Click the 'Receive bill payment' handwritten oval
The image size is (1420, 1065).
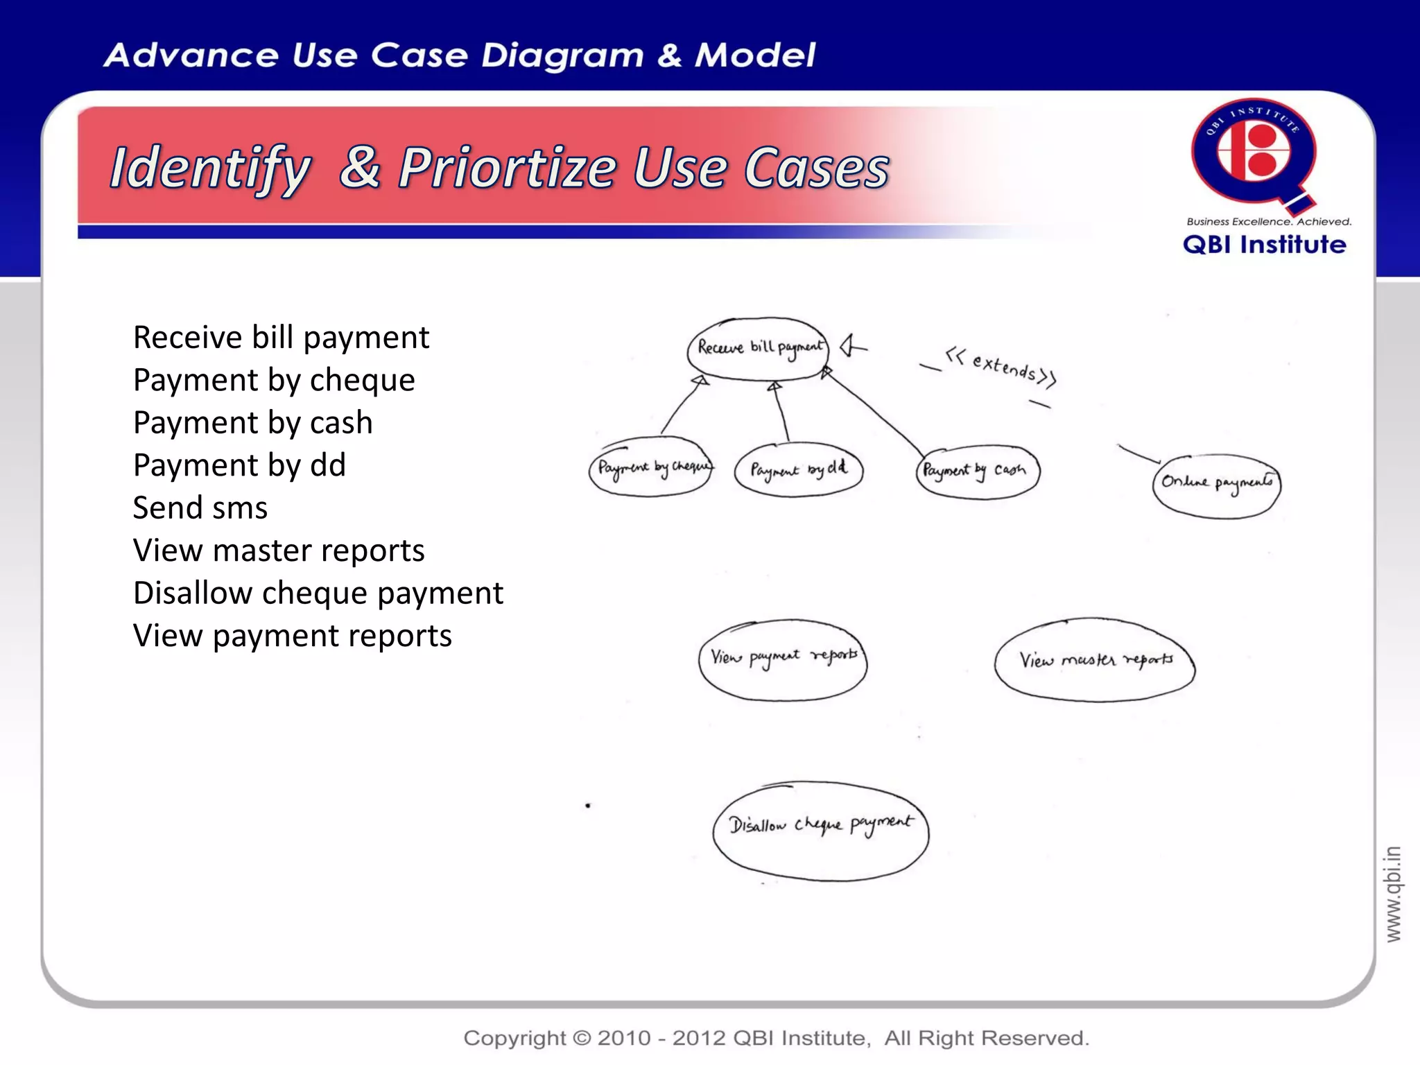coord(758,349)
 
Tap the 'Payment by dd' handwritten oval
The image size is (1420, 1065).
coord(799,469)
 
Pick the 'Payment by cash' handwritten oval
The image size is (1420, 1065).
coord(977,471)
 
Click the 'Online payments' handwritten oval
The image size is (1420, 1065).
coord(1216,485)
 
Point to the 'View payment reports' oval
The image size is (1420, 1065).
coord(783,659)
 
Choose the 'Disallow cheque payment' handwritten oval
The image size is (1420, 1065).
coord(820,830)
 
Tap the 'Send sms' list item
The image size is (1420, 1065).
coord(200,508)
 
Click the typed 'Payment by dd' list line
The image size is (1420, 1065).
coord(239,465)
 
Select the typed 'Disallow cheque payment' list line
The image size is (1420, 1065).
coord(318,593)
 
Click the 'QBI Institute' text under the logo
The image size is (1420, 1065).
coord(1264,244)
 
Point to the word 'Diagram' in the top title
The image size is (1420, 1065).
coord(562,55)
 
